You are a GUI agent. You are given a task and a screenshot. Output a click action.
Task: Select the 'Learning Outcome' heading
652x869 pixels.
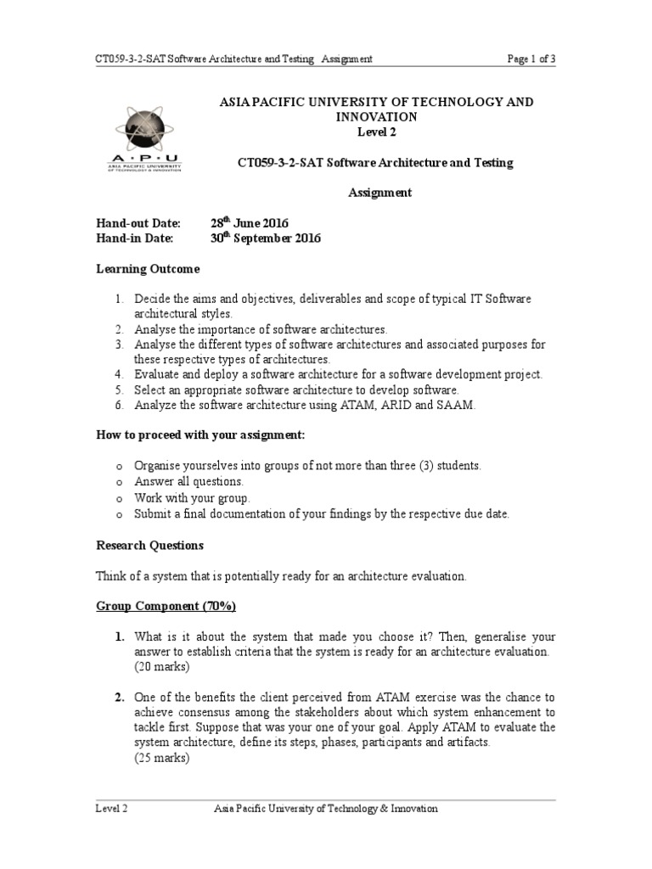click(x=148, y=269)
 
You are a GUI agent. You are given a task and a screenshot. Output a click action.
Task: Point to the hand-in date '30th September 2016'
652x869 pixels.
click(x=266, y=238)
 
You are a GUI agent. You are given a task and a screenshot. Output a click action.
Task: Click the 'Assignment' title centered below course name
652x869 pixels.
click(x=380, y=193)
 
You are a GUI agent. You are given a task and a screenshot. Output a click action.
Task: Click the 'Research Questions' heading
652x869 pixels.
click(x=149, y=546)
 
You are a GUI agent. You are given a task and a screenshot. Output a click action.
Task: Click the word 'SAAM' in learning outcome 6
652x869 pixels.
click(x=459, y=406)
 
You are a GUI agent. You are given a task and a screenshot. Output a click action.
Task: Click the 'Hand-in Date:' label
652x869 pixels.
click(x=133, y=238)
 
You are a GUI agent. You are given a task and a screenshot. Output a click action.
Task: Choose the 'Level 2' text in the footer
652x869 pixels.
click(x=111, y=809)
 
